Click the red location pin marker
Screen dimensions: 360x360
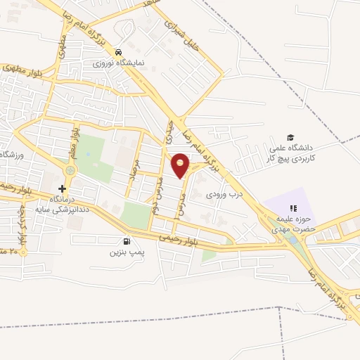tap(181, 164)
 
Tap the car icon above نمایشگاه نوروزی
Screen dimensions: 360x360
tap(120, 53)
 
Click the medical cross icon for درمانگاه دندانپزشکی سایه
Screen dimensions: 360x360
tap(63, 188)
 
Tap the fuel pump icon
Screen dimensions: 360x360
tap(127, 240)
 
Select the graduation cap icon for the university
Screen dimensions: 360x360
tap(290, 137)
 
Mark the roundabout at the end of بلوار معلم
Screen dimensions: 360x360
tap(70, 170)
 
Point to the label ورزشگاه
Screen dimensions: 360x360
tap(11, 154)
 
